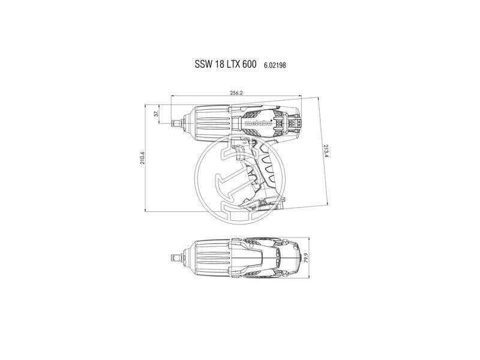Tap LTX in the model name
coord(238,65)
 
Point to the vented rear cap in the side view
coord(294,122)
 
